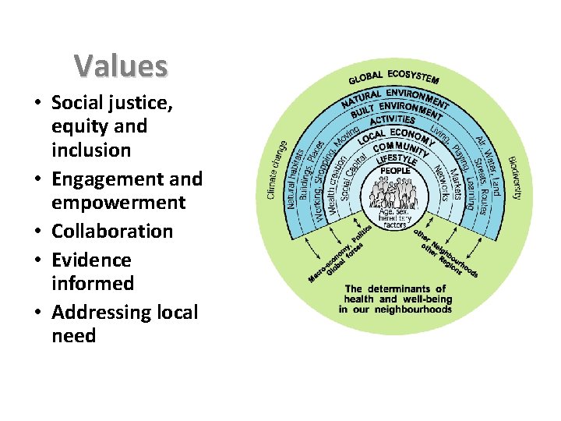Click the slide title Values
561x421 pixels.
[x=121, y=66]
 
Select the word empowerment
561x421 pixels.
[x=118, y=203]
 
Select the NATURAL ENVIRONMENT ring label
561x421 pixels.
[x=395, y=99]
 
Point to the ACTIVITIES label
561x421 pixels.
[x=393, y=121]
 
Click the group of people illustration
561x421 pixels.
[x=395, y=190]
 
